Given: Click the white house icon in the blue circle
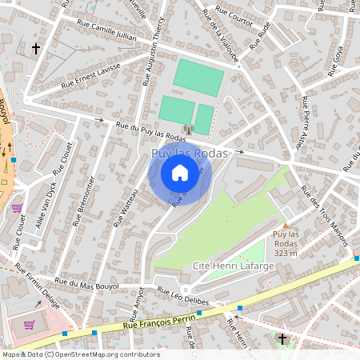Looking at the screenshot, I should click(180, 172).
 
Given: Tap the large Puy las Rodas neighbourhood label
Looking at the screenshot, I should click(190, 153).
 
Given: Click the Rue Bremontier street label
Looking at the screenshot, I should click(85, 201).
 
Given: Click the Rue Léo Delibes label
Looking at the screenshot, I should click(183, 294).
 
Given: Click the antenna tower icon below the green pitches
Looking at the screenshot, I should click(189, 128).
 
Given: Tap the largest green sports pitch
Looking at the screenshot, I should click(199, 78).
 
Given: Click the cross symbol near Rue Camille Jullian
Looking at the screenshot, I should click(35, 49).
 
